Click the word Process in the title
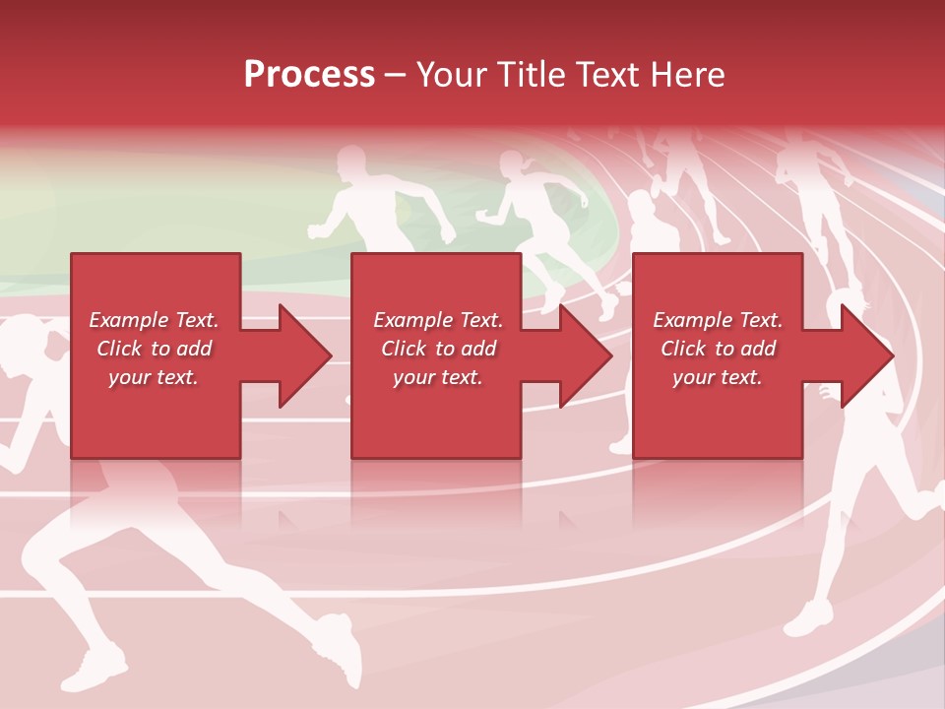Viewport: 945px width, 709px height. (x=309, y=75)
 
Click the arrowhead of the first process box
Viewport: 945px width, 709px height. (x=301, y=355)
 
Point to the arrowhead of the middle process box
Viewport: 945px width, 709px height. (x=583, y=355)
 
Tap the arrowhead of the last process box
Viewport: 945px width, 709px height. (x=864, y=355)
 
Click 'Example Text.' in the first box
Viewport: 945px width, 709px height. (x=155, y=320)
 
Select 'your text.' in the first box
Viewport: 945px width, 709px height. (x=155, y=377)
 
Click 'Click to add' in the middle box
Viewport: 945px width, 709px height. (x=438, y=349)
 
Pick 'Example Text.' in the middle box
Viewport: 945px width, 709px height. (x=438, y=320)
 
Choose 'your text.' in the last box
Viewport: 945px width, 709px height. (x=718, y=377)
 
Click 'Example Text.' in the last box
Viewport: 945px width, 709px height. (x=718, y=320)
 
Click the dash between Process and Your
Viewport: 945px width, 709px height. (x=396, y=75)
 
